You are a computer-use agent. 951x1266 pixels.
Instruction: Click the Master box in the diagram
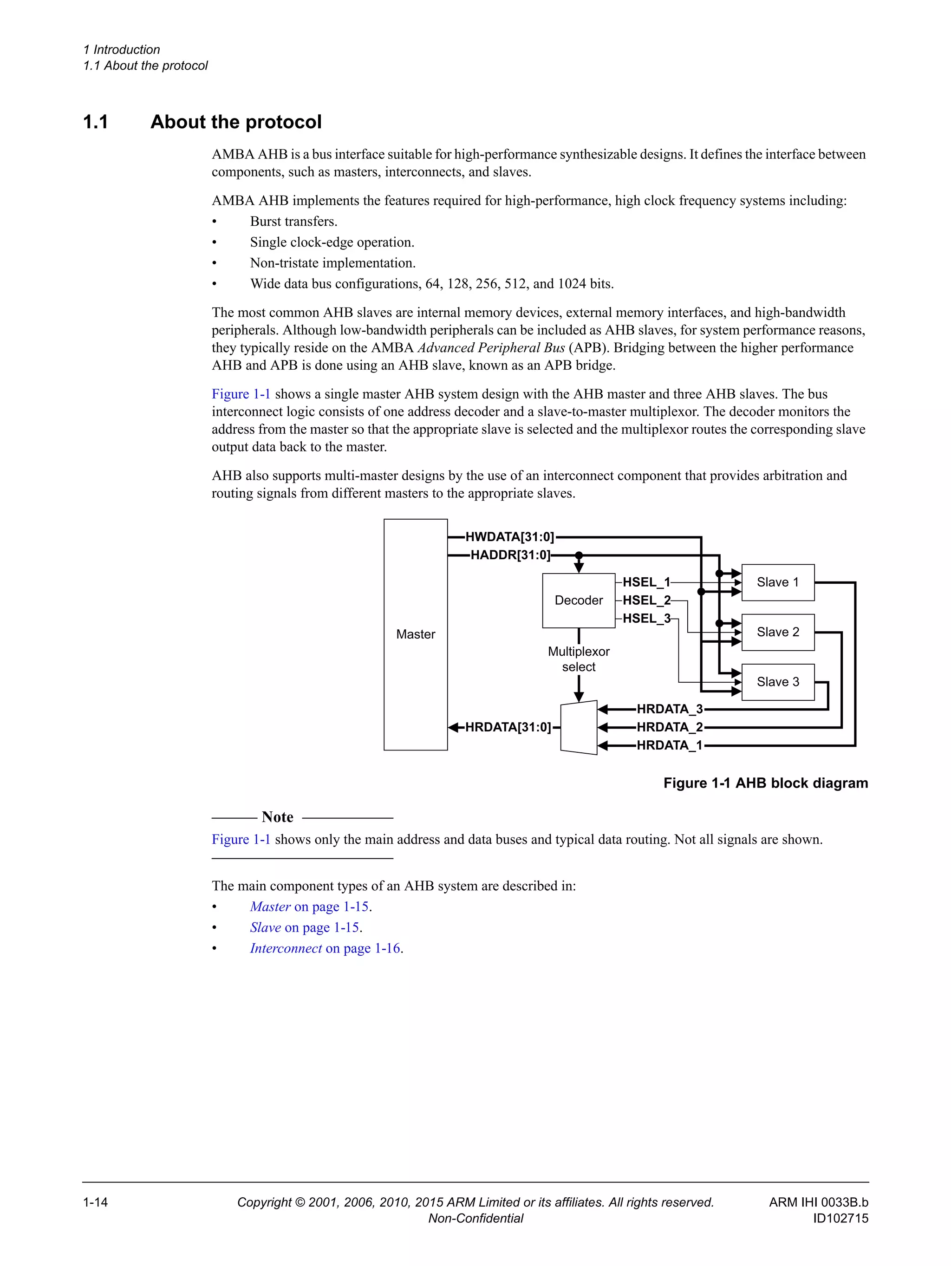coord(416,634)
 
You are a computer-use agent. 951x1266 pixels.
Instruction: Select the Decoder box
coord(579,600)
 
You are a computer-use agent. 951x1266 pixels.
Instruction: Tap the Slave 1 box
coord(778,582)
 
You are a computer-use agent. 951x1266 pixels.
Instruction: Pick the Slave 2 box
coord(778,632)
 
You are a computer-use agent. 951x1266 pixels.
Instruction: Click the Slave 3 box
coord(778,682)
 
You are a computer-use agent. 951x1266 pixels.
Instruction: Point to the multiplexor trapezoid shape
coord(579,727)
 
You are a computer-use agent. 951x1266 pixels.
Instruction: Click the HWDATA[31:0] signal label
coord(510,537)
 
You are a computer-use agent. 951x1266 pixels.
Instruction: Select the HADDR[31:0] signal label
coord(510,555)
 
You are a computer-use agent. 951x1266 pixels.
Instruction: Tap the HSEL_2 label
coord(646,600)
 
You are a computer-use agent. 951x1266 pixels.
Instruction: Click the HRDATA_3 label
coord(670,709)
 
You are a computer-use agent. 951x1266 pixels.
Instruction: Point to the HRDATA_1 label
coord(670,745)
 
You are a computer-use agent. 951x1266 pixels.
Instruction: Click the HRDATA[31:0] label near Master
coord(508,727)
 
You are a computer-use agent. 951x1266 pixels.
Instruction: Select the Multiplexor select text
coord(579,659)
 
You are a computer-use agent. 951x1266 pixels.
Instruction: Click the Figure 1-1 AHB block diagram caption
coord(766,783)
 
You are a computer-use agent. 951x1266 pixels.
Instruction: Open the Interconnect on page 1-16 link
coord(325,948)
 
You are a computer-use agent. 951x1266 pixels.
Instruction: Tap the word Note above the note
coord(278,817)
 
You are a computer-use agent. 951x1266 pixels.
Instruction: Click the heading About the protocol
coord(236,122)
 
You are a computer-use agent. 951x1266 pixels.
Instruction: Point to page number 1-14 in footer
coord(96,1202)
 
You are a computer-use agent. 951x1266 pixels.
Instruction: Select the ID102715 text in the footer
coord(840,1218)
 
